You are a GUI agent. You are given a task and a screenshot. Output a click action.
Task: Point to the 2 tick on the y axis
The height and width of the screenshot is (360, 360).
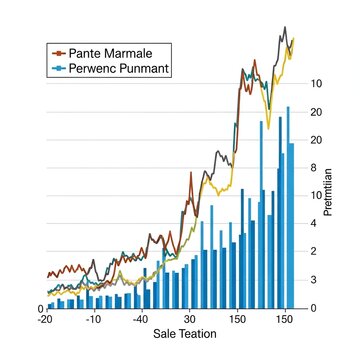[x=315, y=251]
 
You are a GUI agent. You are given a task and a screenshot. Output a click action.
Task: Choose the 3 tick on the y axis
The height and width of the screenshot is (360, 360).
[x=315, y=280]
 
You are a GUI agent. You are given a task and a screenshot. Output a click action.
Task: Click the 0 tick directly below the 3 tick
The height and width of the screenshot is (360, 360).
[x=315, y=308]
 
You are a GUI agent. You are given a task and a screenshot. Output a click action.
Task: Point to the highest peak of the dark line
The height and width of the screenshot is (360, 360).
[x=285, y=28]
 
